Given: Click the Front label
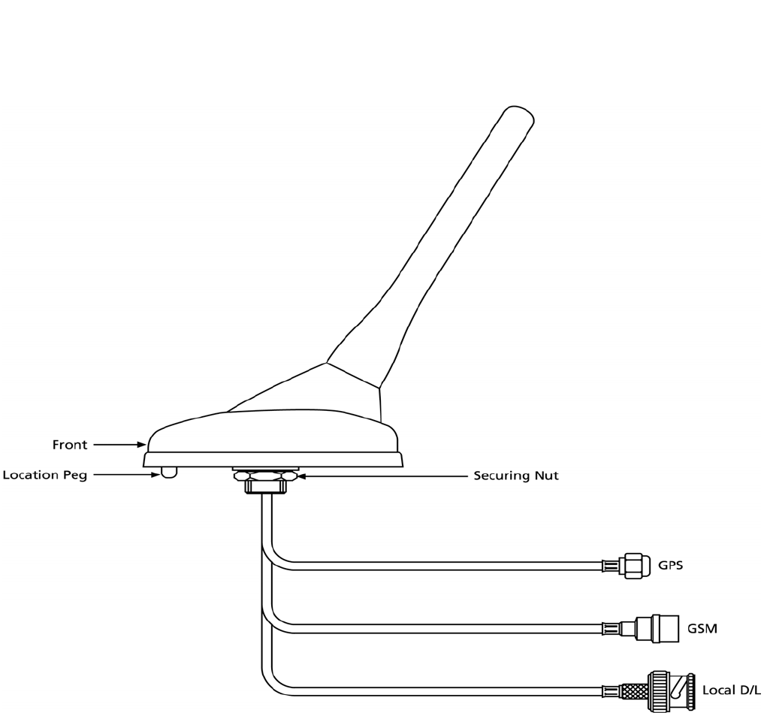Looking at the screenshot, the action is [x=69, y=445].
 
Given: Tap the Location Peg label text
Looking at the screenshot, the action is [x=45, y=475].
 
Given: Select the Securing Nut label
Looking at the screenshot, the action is [x=515, y=476].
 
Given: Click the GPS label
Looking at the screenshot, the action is [x=670, y=565].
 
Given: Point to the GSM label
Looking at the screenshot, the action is [x=702, y=627].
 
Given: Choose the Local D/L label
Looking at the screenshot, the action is [x=731, y=690].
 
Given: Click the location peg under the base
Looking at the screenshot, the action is [x=170, y=472].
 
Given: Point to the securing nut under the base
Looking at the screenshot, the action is [x=265, y=476].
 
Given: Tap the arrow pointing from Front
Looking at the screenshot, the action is [x=119, y=445].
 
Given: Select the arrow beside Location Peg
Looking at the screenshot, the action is [x=127, y=475].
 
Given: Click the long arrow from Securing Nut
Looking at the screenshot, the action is [x=383, y=476].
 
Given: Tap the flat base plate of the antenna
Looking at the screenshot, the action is [x=273, y=459].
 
